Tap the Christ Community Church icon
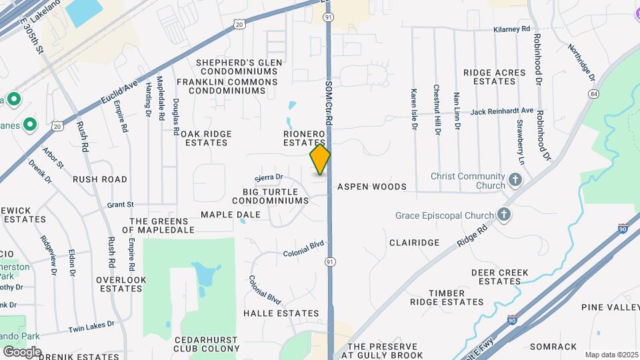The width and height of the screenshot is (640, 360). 515,180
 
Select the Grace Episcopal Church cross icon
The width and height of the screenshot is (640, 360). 505,215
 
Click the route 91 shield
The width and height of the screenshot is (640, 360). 329,262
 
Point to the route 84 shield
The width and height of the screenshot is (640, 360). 593,94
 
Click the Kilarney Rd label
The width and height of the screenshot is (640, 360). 511,29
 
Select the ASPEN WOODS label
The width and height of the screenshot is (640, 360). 371,187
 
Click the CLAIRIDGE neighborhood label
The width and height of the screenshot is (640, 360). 414,243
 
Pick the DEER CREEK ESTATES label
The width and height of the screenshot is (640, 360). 499,277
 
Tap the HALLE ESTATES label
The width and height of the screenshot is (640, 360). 281,313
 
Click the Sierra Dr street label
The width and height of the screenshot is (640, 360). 269,178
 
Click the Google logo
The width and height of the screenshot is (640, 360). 22,351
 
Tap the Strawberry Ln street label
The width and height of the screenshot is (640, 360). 520,143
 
